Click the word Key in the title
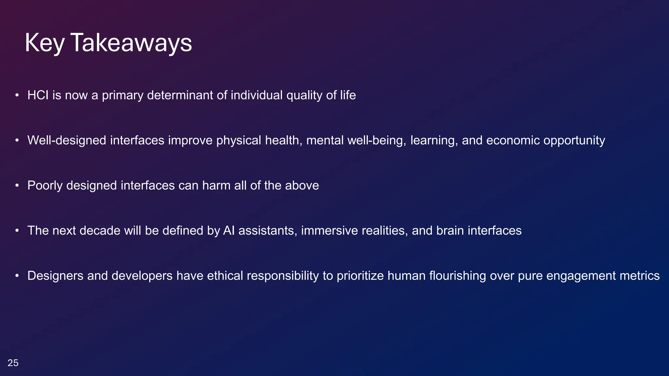(x=44, y=43)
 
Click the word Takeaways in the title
(x=131, y=43)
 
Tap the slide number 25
(x=13, y=363)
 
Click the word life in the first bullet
(x=348, y=95)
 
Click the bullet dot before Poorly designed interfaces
(x=17, y=186)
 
